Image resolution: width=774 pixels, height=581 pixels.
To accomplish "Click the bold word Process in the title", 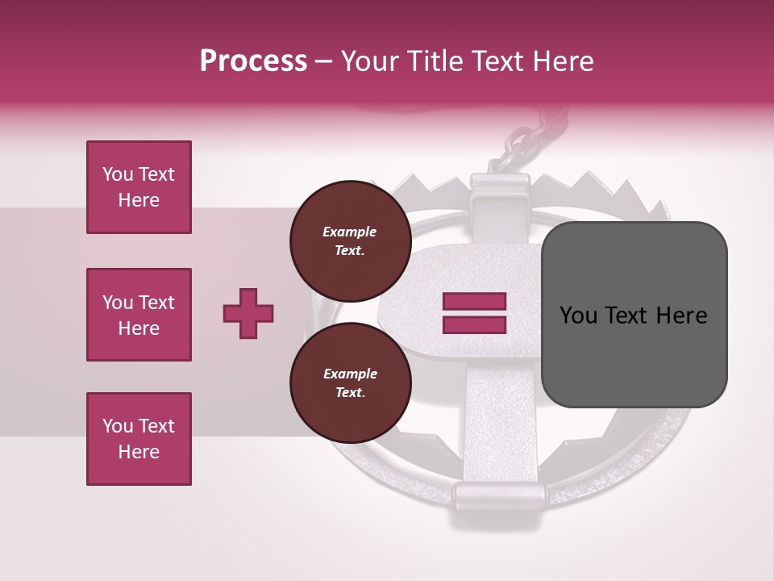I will [253, 61].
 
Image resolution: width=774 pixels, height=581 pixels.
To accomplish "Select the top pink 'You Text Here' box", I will [139, 187].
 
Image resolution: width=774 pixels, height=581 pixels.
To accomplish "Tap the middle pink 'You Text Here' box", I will [139, 315].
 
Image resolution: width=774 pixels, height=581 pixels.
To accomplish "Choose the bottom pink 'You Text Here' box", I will [139, 439].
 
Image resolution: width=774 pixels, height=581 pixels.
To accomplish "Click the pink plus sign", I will [248, 313].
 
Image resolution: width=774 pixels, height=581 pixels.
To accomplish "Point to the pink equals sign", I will [474, 313].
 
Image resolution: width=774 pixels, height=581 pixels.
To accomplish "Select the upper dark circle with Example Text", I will [350, 240].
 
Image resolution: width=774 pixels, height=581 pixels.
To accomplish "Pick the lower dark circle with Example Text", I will [350, 382].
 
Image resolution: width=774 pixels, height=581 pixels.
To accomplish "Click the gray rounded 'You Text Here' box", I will [634, 315].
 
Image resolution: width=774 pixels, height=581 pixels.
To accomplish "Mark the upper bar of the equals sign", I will [474, 302].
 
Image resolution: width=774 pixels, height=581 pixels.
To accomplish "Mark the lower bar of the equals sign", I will [474, 324].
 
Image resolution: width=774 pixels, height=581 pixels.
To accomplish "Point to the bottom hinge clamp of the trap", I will [493, 494].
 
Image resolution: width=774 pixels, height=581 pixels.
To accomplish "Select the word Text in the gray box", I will [631, 316].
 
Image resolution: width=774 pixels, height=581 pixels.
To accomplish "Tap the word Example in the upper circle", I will [350, 232].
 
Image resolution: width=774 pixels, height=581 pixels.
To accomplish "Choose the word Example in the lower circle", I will [350, 374].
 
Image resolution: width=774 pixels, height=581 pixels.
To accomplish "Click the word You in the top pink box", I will [118, 174].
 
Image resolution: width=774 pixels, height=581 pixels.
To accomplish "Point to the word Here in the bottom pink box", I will [139, 452].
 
